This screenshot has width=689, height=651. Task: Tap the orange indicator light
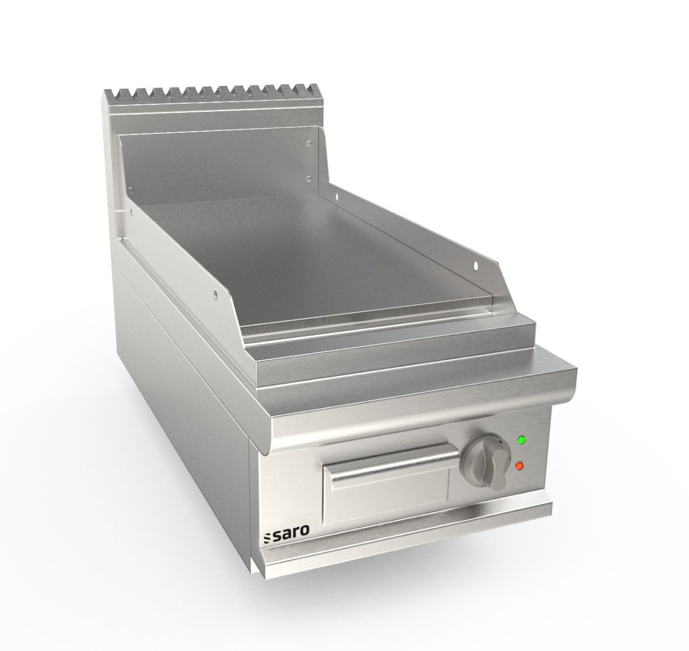coord(519,466)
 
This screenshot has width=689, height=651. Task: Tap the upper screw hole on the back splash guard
coord(309,141)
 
